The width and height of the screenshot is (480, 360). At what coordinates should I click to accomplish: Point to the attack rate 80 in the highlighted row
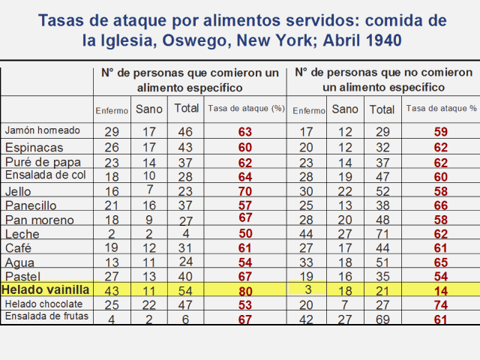[x=244, y=289]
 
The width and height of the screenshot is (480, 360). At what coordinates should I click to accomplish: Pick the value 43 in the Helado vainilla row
[x=112, y=289]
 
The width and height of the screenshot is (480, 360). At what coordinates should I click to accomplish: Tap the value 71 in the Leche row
[x=382, y=233]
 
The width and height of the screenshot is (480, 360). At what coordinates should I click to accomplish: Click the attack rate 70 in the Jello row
[x=244, y=190]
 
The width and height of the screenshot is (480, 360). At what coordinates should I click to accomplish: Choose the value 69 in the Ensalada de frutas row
[x=382, y=317]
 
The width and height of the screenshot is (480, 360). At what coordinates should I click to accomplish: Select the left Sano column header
[x=149, y=109]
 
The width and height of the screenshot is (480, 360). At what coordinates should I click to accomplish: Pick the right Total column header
[x=382, y=109]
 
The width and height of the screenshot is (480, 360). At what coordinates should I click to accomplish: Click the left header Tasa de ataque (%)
[x=245, y=108]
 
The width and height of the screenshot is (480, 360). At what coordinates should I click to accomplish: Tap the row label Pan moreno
[x=40, y=220]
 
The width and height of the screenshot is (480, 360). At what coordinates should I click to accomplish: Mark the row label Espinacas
[x=34, y=147]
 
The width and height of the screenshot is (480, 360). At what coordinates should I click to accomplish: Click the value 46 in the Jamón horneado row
[x=186, y=131]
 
